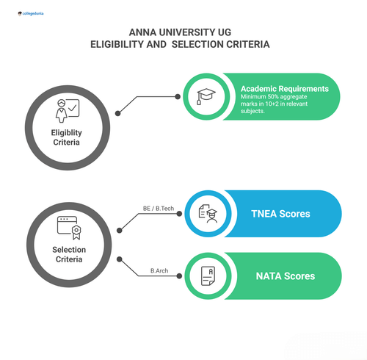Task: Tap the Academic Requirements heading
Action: (289, 89)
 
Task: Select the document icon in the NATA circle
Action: (206, 276)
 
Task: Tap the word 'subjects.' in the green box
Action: (254, 115)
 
